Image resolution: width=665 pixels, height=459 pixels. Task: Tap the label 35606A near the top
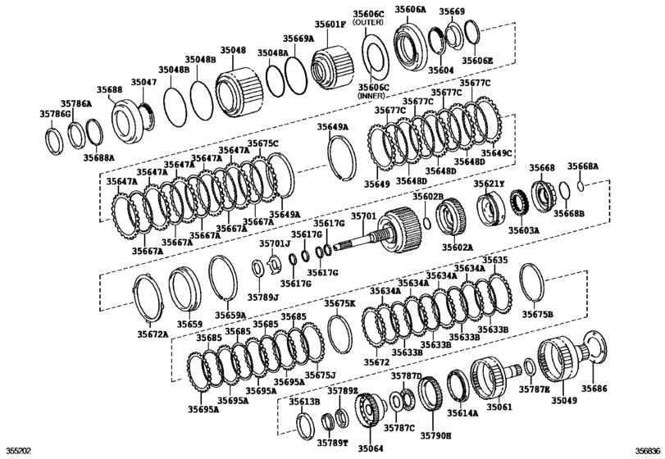point(410,9)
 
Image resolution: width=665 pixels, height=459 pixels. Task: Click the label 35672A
point(152,334)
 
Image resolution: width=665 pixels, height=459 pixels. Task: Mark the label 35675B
point(538,314)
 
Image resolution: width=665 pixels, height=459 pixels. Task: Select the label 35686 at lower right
point(595,389)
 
